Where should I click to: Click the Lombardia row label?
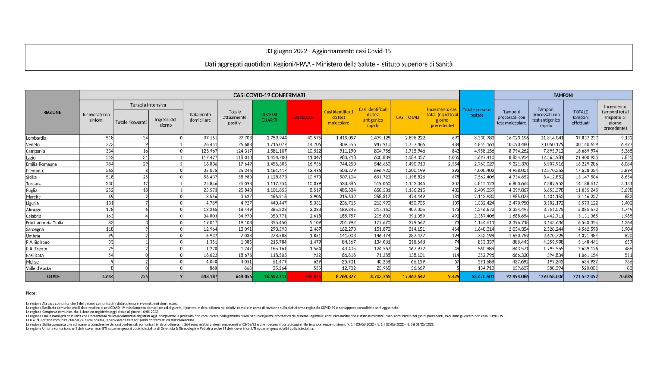tap(36, 138)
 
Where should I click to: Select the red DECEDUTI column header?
tap(304, 118)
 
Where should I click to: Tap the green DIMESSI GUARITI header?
tap(269, 118)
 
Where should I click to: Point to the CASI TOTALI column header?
tap(407, 118)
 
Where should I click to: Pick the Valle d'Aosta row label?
tap(38, 268)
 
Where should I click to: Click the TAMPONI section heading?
tap(563, 95)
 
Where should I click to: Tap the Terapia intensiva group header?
tap(148, 105)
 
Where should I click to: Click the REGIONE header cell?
tap(52, 113)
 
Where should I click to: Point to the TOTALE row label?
tap(52, 277)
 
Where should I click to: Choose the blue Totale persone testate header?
tap(477, 113)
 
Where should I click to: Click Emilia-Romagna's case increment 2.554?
tap(453, 164)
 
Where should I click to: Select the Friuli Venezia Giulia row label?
tap(44, 223)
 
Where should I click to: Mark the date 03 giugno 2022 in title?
tap(287, 51)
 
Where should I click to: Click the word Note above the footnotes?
tap(31, 293)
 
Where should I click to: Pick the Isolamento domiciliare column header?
tap(200, 118)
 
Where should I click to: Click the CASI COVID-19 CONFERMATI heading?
tap(269, 95)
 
